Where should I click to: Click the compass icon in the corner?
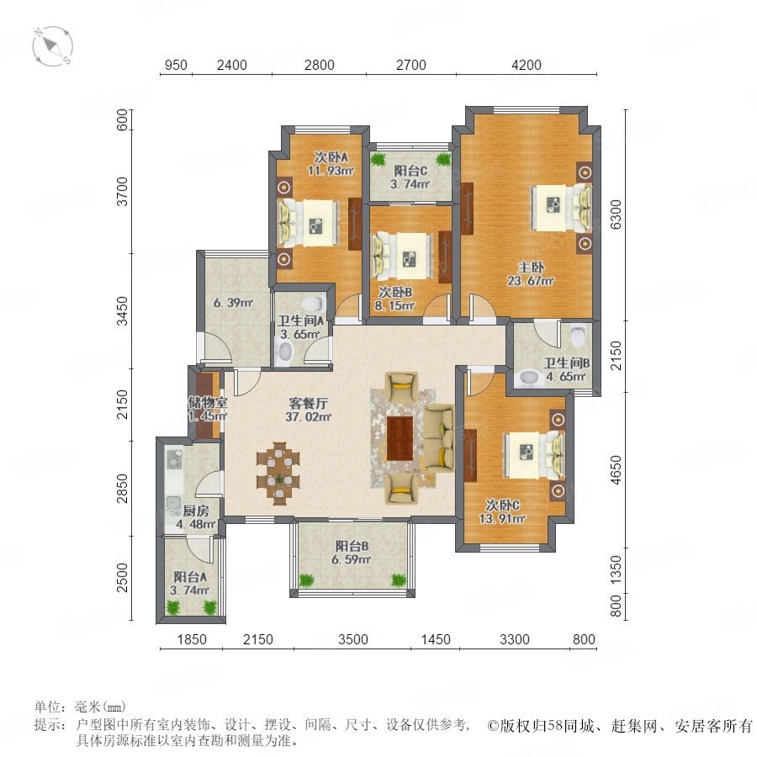pyautogui.click(x=53, y=46)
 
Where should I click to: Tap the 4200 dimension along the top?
pyautogui.click(x=527, y=65)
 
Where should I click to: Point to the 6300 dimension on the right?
pyautogui.click(x=616, y=214)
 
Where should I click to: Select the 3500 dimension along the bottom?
pyautogui.click(x=353, y=640)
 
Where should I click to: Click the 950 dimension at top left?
pyautogui.click(x=176, y=65)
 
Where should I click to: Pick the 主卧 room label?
pyautogui.click(x=531, y=267)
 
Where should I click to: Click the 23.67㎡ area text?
pyautogui.click(x=530, y=280)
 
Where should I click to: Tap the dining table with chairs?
pyautogui.click(x=278, y=474)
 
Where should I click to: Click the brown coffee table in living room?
pyautogui.click(x=400, y=438)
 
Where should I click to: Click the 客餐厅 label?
pyautogui.click(x=308, y=403)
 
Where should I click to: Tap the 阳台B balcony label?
pyautogui.click(x=352, y=547)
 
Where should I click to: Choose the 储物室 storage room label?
pyautogui.click(x=207, y=402)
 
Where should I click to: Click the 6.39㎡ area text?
pyautogui.click(x=234, y=303)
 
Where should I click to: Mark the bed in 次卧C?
pyautogui.click(x=534, y=454)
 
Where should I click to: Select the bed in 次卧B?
pyautogui.click(x=402, y=257)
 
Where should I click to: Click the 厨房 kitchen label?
pyautogui.click(x=196, y=511)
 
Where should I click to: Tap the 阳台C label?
pyautogui.click(x=410, y=171)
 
